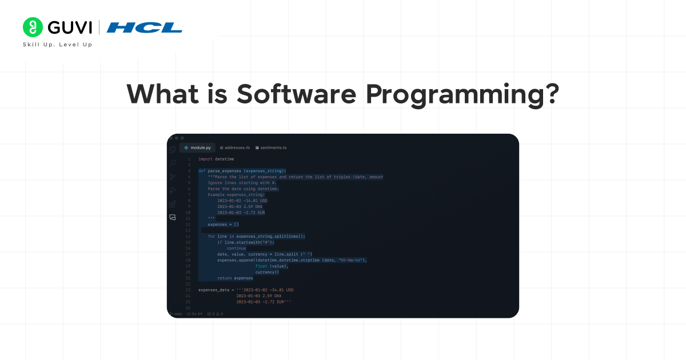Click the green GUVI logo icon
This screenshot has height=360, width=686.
[x=33, y=27]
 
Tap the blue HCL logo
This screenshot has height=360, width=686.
[x=144, y=27]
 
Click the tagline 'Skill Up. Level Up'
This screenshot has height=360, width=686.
[x=57, y=45]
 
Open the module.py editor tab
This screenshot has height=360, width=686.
[x=198, y=147]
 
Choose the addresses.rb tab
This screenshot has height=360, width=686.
[x=235, y=147]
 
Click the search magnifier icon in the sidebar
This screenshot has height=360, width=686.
[x=173, y=163]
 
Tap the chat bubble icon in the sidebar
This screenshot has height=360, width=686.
[x=173, y=217]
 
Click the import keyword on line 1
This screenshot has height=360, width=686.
[x=205, y=159]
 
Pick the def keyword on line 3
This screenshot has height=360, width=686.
[x=202, y=171]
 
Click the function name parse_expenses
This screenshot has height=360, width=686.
[x=225, y=171]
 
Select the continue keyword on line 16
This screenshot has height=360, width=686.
[x=236, y=248]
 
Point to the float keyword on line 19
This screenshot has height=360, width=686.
[x=261, y=266]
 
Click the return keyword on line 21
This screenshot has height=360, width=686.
[x=224, y=278]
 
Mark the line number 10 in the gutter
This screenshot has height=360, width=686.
[x=188, y=213]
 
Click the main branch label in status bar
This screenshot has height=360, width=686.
[x=177, y=314]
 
